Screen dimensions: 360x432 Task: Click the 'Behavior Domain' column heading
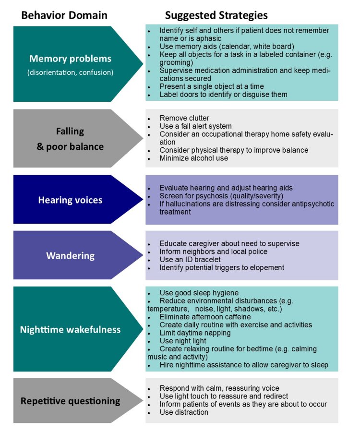[x=64, y=15]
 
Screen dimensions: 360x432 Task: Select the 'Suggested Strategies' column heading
[x=216, y=15]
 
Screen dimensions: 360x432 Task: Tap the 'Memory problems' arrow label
[x=70, y=59]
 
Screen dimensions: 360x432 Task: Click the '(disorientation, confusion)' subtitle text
[x=70, y=72]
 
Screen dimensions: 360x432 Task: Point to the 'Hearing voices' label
[x=70, y=200]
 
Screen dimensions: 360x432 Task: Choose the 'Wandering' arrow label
[x=70, y=256]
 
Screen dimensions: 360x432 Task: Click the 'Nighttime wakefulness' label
[x=70, y=329]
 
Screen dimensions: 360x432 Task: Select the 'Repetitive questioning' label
[x=70, y=401]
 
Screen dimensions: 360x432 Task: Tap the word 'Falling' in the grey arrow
[x=70, y=132]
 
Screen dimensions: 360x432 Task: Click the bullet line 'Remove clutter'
[x=184, y=118]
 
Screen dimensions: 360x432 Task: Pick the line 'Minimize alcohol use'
[x=193, y=158]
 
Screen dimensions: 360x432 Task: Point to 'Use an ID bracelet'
[x=190, y=260]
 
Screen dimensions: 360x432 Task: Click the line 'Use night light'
[x=183, y=341]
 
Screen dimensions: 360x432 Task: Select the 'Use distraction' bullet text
[x=184, y=412]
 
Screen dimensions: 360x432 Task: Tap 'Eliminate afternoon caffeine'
[x=205, y=317]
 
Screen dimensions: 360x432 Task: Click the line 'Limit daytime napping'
[x=195, y=333]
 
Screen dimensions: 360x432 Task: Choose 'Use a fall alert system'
[x=195, y=126]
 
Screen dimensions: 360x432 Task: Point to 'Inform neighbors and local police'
[x=214, y=252]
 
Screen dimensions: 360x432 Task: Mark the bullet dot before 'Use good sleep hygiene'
[x=149, y=294]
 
